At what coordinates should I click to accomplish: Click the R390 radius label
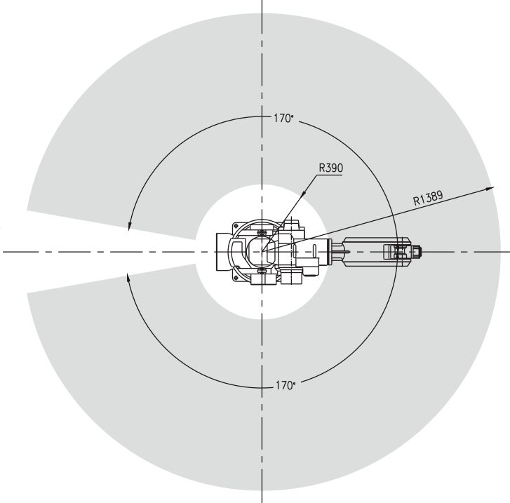click(331, 168)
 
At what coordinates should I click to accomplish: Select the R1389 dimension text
click(428, 198)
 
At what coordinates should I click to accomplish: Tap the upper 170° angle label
click(283, 119)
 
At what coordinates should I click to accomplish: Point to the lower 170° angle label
click(286, 386)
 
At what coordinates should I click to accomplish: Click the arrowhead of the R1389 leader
click(490, 189)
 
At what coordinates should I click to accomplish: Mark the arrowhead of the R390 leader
click(303, 194)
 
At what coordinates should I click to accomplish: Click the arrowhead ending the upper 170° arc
click(130, 226)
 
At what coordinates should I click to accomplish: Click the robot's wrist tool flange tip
click(420, 251)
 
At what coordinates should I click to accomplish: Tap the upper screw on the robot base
click(262, 232)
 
